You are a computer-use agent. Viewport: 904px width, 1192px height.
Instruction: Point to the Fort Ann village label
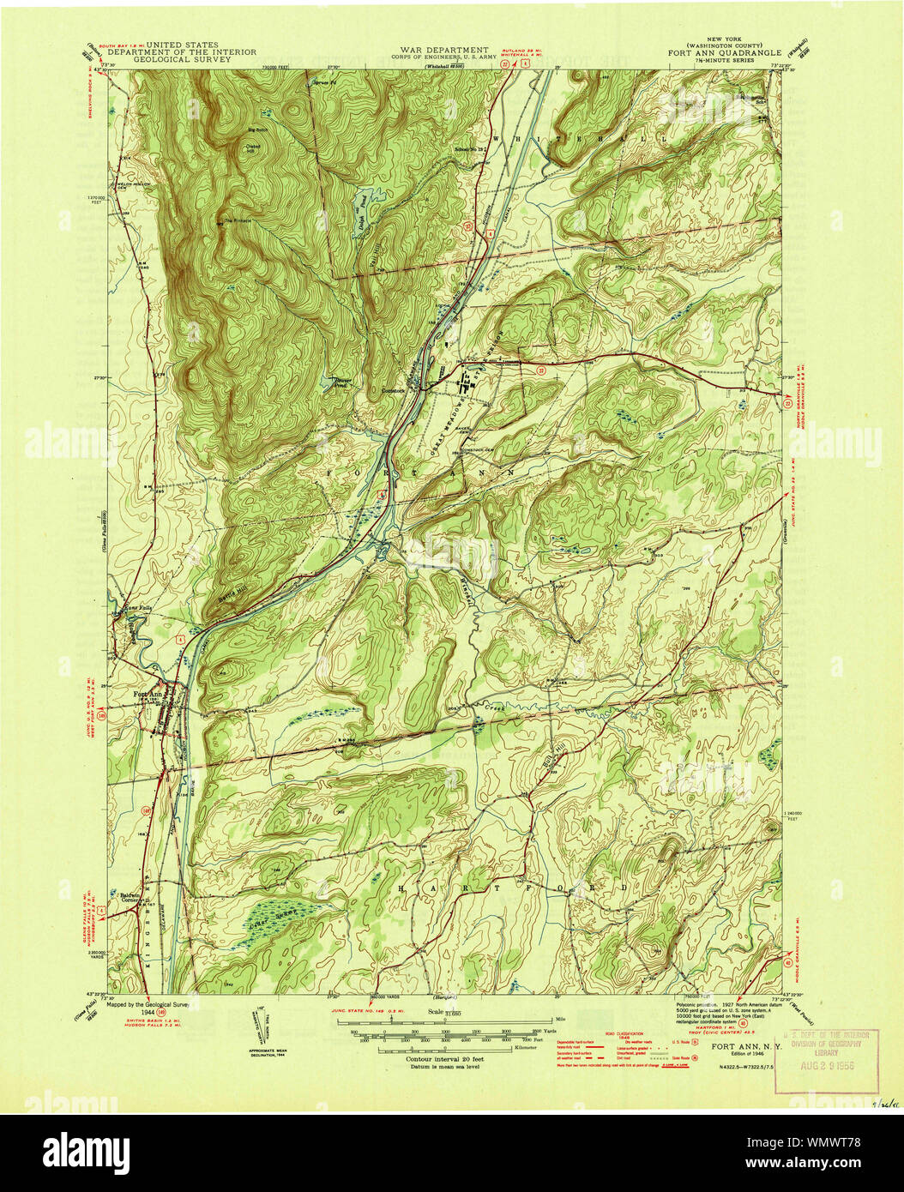[x=148, y=694]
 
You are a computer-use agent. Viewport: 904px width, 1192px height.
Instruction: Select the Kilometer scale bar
[x=443, y=1048]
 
